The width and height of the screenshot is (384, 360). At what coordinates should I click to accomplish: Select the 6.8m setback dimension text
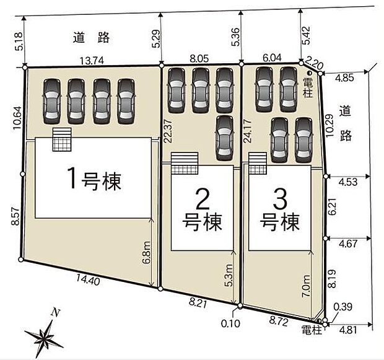click(146, 252)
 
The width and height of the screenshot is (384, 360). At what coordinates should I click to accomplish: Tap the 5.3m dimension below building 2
click(230, 274)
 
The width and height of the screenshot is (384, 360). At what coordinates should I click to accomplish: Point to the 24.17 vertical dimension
click(247, 131)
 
